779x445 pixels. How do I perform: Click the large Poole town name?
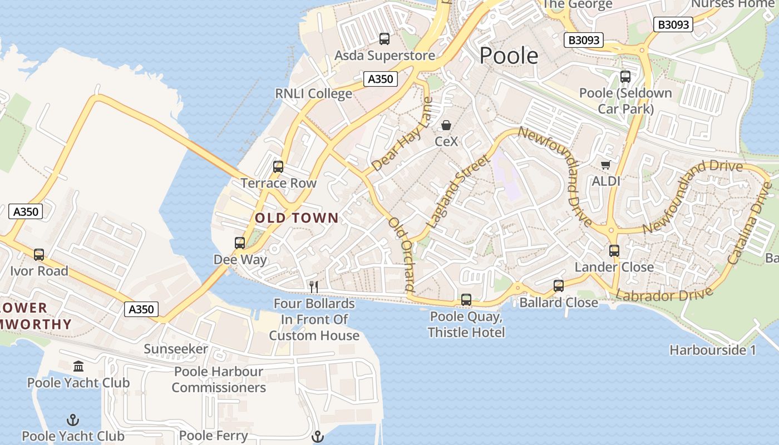(509, 56)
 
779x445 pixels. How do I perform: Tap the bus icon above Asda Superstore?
(384, 39)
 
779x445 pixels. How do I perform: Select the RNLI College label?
(314, 93)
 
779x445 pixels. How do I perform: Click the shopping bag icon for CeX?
(446, 125)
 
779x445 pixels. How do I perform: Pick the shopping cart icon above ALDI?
(606, 165)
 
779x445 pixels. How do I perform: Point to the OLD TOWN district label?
(297, 218)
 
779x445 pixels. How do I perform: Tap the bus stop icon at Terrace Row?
(278, 167)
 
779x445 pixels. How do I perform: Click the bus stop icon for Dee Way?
(240, 243)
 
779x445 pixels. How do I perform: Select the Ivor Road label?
(39, 271)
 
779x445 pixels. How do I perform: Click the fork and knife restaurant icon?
(314, 287)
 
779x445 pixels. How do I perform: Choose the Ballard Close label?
(559, 303)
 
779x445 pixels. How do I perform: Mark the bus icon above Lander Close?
(614, 251)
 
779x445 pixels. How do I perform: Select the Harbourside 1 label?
(713, 350)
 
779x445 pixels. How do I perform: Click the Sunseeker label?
(176, 349)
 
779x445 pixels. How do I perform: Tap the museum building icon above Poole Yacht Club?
(78, 367)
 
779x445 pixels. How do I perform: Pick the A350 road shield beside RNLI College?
(381, 79)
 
